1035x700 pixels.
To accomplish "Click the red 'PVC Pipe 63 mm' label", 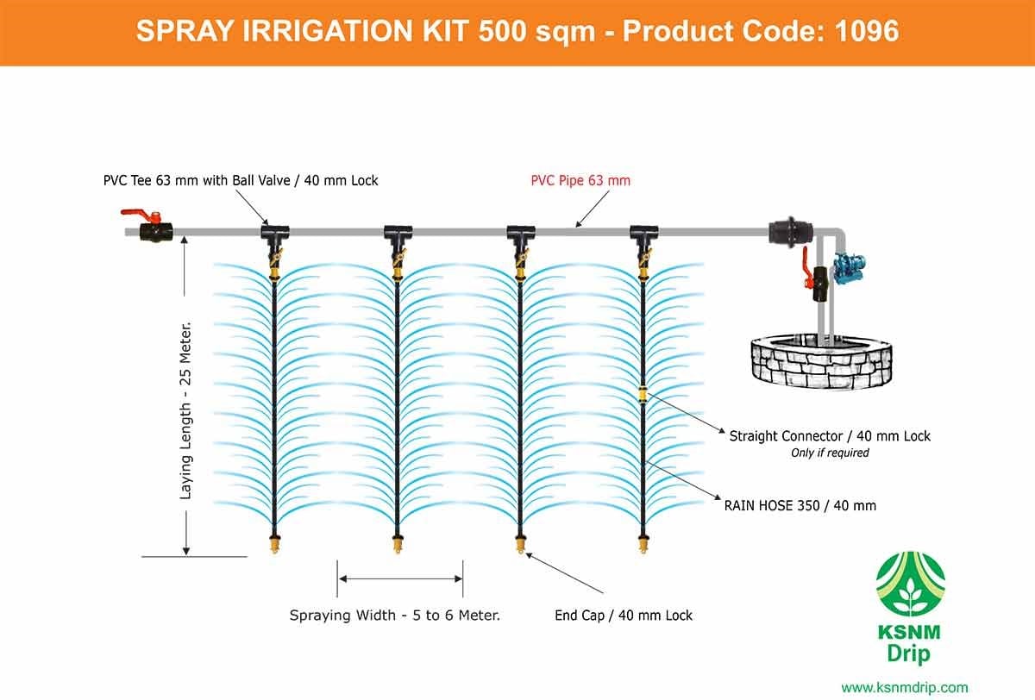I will coord(580,180).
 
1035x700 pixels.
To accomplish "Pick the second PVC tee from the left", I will coord(398,232).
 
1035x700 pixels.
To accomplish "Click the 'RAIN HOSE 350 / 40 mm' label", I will coord(800,506).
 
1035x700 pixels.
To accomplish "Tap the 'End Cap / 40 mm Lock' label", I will coord(624,616).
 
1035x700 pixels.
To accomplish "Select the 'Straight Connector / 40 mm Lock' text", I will coord(830,436).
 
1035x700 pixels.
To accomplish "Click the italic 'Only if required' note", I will coord(830,453).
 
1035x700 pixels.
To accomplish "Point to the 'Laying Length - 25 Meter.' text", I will coord(185,410).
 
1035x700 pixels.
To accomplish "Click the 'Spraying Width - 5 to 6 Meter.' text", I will coord(395,616).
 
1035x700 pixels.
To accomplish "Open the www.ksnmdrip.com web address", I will coord(904,687).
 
